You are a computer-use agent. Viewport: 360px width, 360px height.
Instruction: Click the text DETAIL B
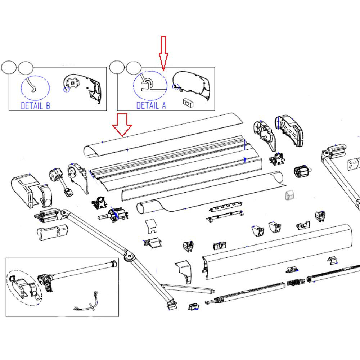point(35,106)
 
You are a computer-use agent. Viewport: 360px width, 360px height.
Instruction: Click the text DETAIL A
point(151,105)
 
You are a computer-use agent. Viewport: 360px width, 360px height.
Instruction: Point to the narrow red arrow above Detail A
point(163,53)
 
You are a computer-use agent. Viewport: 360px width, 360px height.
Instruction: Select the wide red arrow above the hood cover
point(122,125)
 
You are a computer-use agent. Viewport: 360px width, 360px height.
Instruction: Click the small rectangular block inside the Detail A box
point(188,102)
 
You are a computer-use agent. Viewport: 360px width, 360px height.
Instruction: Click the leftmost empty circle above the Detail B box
point(9,67)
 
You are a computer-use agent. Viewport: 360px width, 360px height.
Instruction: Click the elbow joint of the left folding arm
point(129,256)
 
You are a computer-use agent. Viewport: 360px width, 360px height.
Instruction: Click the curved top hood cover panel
point(162,135)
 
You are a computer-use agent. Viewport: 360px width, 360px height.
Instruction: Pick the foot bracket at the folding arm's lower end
point(172,305)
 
